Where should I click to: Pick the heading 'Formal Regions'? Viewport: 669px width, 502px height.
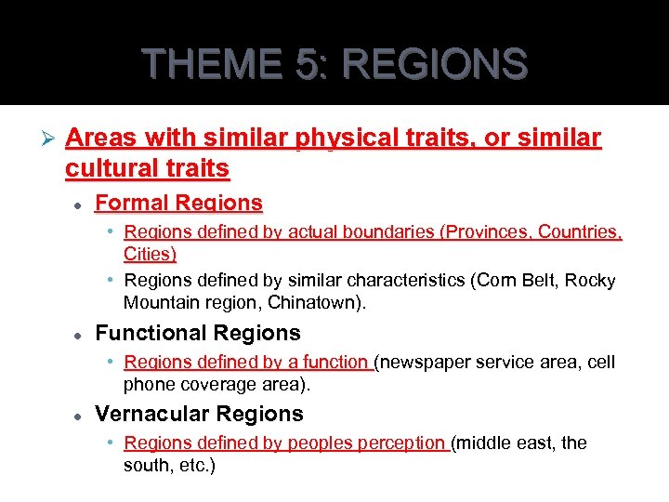[178, 203]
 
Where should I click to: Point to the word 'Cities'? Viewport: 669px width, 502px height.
[149, 253]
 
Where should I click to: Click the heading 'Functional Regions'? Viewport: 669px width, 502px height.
[198, 333]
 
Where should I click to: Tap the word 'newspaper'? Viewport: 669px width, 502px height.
[423, 363]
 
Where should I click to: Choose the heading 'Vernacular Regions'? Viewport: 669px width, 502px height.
[199, 414]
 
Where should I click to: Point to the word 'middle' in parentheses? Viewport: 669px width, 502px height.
[481, 443]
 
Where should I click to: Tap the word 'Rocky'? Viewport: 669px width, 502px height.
[591, 281]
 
